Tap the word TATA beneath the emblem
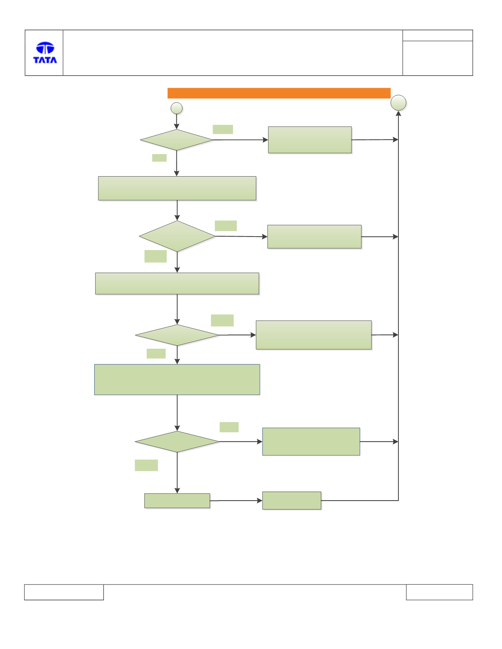point(45,60)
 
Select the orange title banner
point(279,93)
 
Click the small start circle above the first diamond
point(177,108)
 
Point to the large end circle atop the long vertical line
point(398,103)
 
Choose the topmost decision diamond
point(176,140)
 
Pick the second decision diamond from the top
point(177,236)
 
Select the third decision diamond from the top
point(177,335)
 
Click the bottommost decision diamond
point(177,442)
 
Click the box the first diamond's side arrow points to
point(310,140)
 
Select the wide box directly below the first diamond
point(177,188)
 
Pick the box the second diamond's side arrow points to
point(314,237)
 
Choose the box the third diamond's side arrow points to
point(314,335)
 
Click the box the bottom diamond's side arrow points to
point(311,442)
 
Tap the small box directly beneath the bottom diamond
point(177,501)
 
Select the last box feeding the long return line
point(292,501)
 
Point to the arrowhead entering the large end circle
point(398,113)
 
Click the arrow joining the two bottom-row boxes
point(236,501)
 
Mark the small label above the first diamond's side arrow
point(223,129)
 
